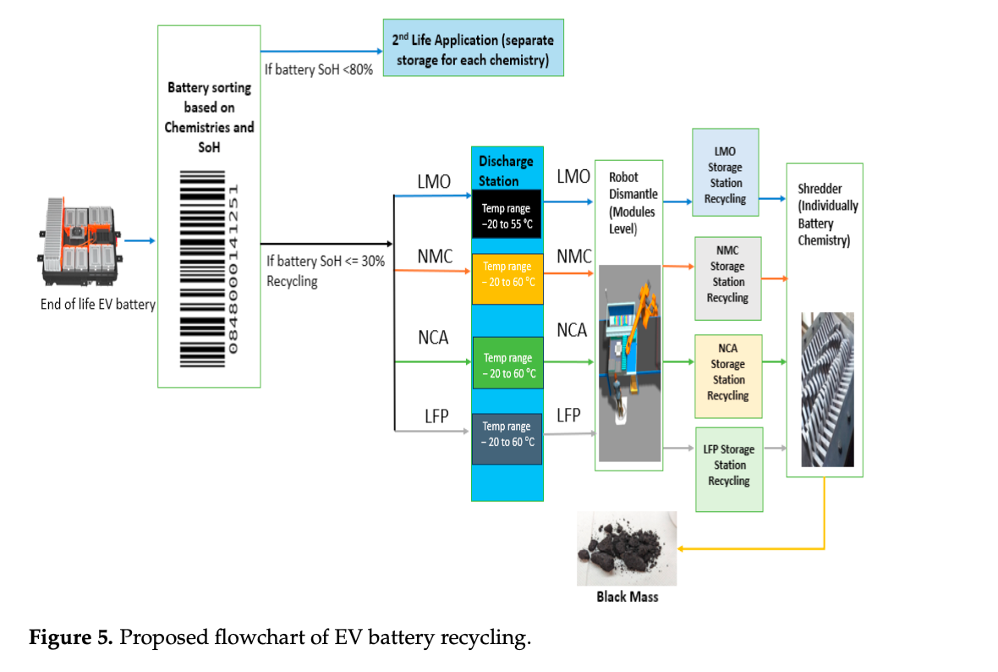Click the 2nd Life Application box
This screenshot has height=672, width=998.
click(473, 48)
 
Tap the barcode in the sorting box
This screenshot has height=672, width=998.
click(209, 269)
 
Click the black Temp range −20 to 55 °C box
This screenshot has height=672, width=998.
click(507, 216)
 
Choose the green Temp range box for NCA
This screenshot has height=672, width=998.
click(507, 363)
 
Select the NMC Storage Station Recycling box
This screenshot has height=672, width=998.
click(727, 278)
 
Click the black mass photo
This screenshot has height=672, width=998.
click(627, 548)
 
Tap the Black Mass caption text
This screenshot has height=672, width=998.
click(627, 598)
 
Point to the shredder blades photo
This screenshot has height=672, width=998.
click(827, 389)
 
